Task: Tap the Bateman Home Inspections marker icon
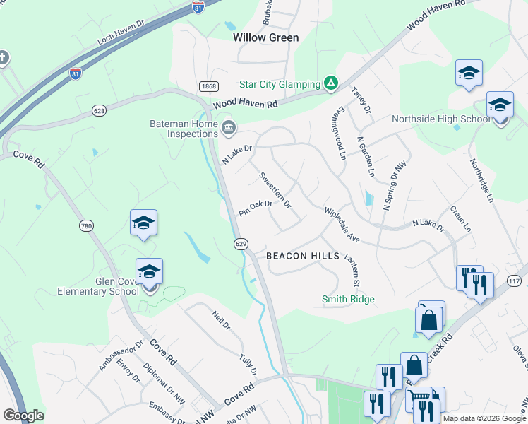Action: point(229,128)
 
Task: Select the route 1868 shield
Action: point(208,86)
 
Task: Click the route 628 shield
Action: point(100,110)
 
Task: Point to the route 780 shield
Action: point(86,226)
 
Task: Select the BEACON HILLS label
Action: point(303,256)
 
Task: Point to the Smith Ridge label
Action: point(348,300)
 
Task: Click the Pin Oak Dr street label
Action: point(256,208)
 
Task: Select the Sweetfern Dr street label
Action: point(275,189)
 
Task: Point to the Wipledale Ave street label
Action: point(342,225)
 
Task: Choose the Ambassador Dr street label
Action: point(112,355)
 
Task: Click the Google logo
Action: point(23,416)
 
